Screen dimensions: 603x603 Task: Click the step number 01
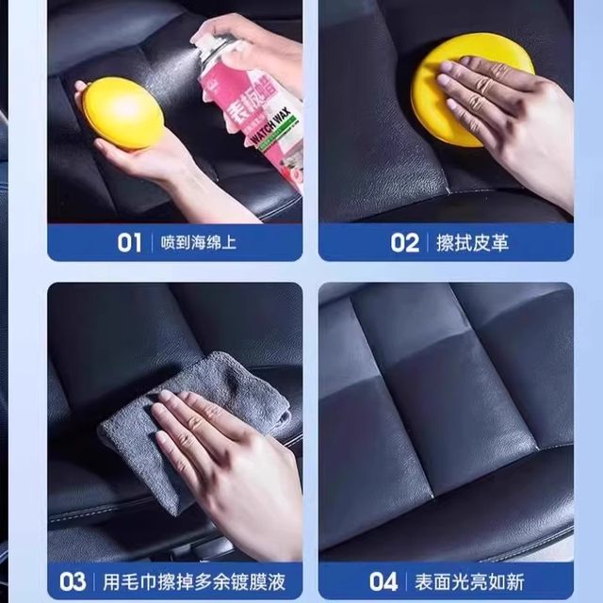point(129,242)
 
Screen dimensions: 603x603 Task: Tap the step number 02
point(404,242)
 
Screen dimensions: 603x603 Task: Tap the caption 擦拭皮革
point(472,243)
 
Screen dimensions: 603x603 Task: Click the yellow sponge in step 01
point(122,113)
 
